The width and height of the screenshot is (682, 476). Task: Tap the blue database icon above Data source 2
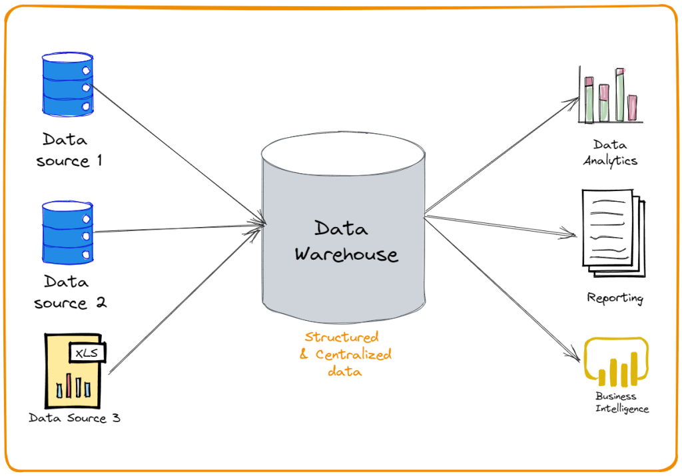(67, 234)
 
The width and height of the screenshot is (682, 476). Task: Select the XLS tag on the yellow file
(87, 353)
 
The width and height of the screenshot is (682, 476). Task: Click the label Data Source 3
(75, 418)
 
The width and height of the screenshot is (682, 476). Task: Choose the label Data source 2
(70, 292)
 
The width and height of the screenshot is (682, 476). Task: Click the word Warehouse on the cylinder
(346, 254)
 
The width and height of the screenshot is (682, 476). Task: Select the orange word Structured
(342, 337)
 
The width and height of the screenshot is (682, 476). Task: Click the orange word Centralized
(354, 354)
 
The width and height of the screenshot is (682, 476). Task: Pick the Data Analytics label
(610, 152)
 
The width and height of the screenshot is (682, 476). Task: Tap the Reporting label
(615, 298)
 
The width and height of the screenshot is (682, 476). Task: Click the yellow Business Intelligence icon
(615, 363)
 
